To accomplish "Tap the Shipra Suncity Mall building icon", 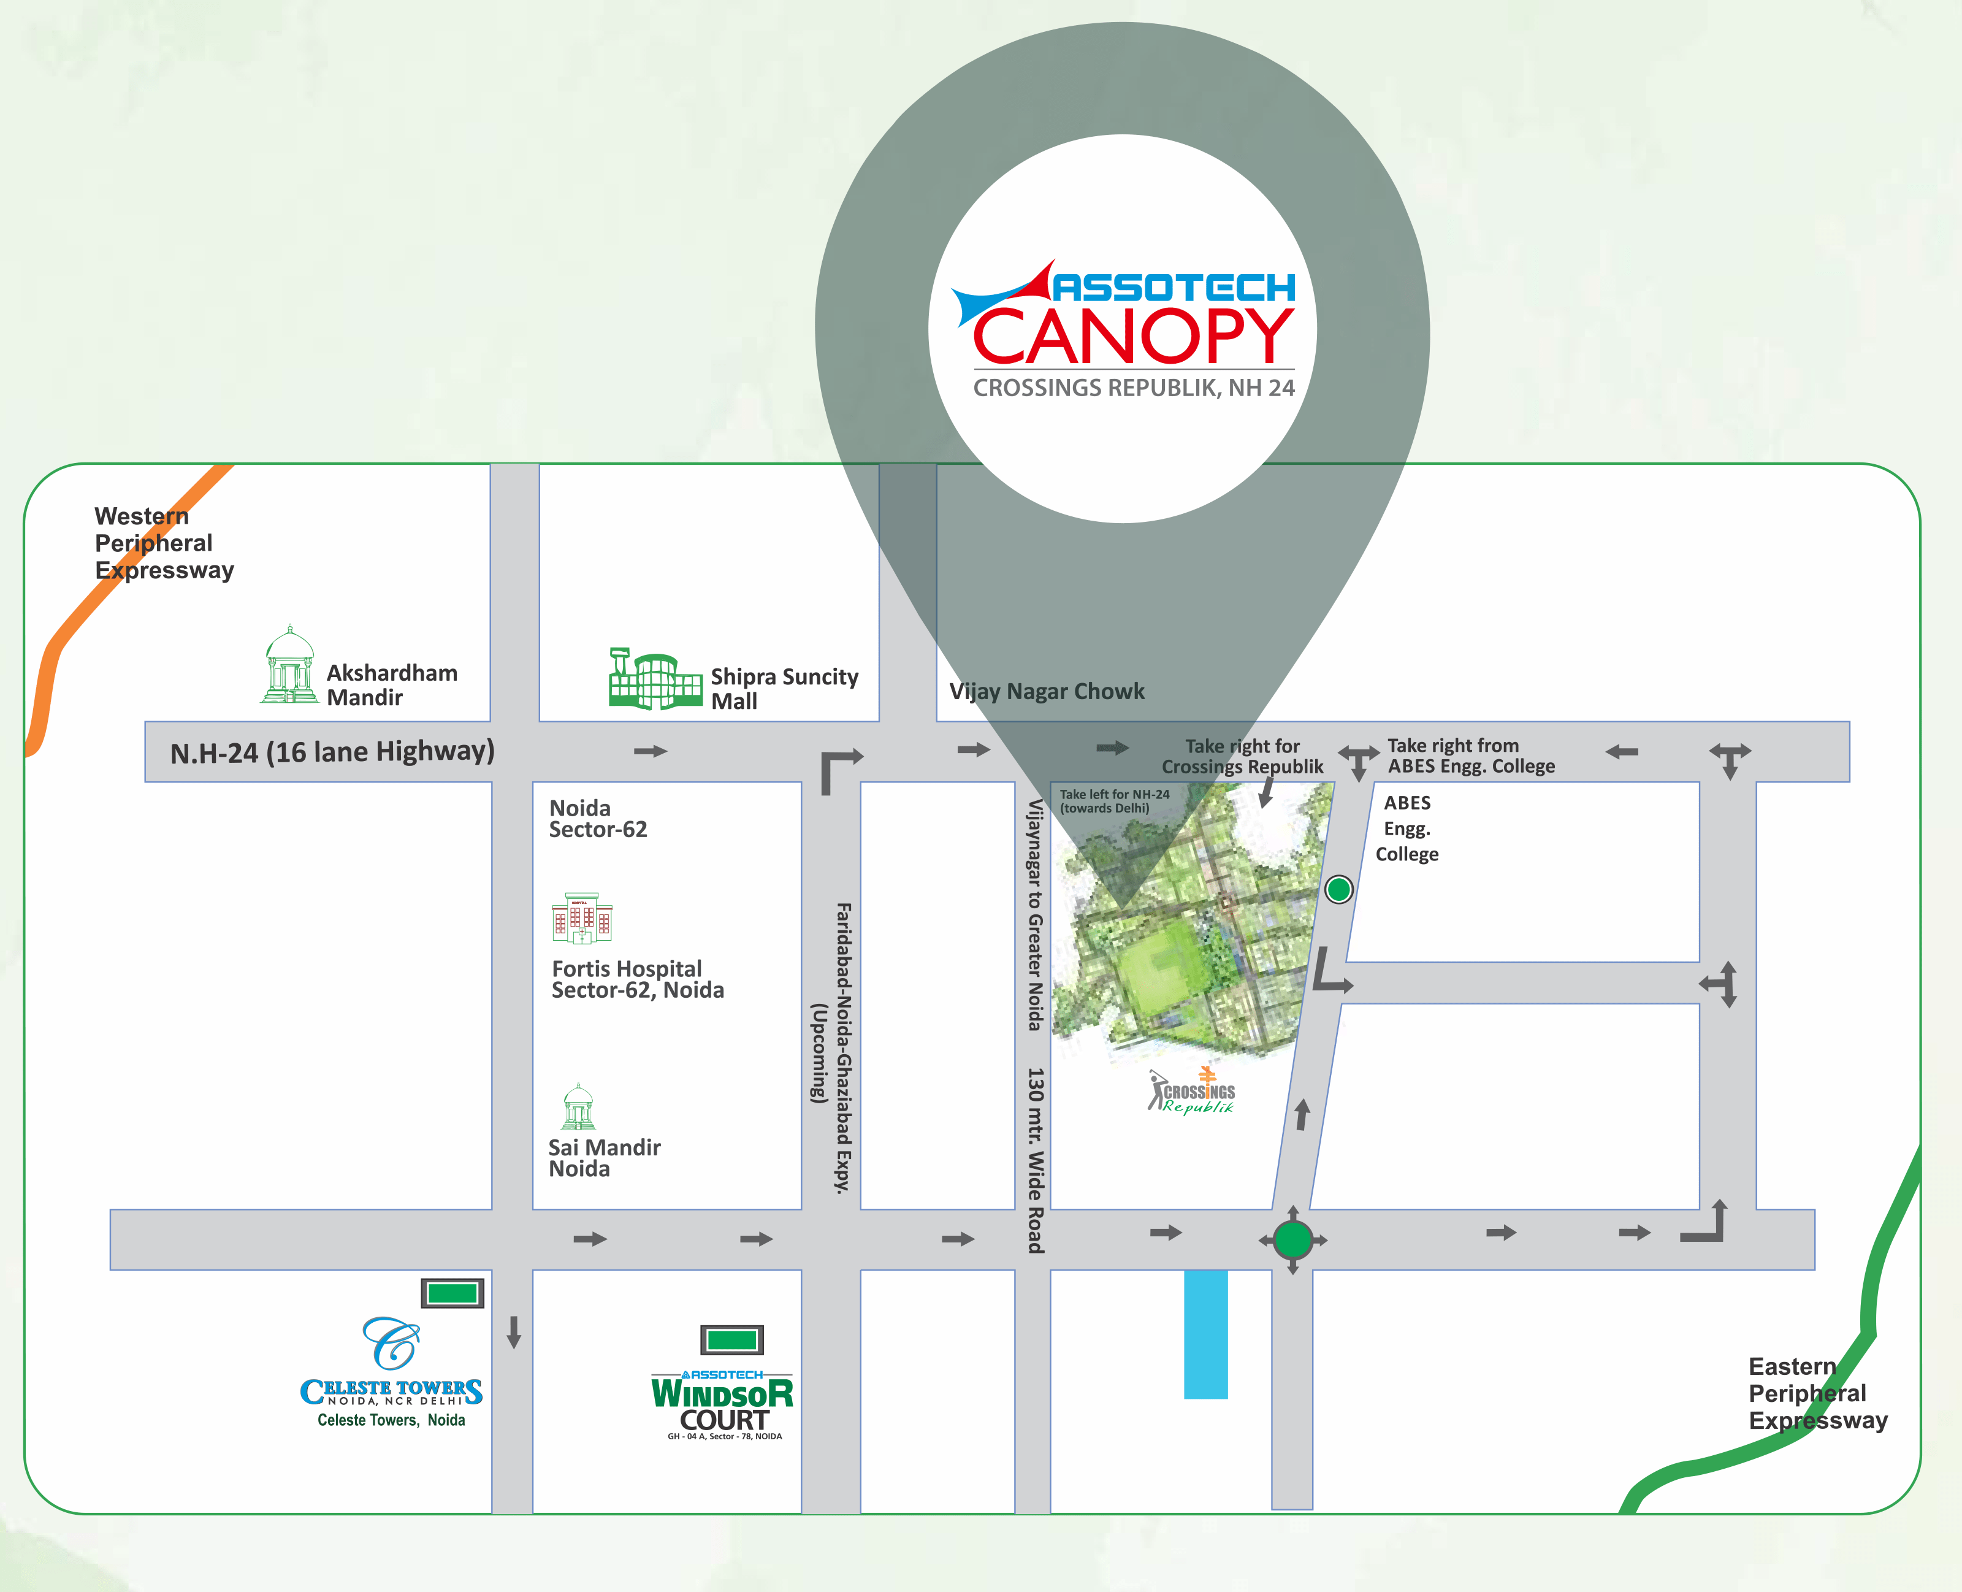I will pos(655,679).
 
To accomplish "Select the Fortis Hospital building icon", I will pos(581,918).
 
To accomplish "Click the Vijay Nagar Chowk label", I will pos(1046,692).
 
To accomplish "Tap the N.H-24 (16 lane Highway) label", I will pos(332,752).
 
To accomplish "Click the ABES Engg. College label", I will pos(1407,828).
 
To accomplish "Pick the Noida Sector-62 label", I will pos(598,819).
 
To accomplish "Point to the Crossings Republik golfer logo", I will pos(1192,1092).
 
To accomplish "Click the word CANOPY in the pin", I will pos(1133,337).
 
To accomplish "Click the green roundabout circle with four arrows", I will pos(1292,1240).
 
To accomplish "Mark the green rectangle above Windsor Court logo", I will pos(731,1340).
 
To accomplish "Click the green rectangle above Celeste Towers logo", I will pos(452,1293).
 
